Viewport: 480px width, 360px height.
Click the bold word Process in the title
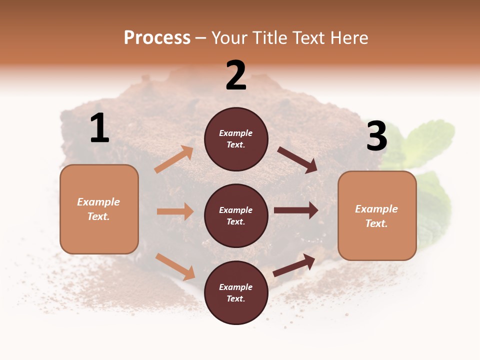tap(157, 38)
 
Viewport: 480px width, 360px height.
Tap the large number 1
tap(99, 128)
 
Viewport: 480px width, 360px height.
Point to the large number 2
tap(236, 75)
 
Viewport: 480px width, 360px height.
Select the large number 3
tap(376, 136)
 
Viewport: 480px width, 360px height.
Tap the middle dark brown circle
tap(236, 215)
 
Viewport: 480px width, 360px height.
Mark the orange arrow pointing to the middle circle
tap(175, 211)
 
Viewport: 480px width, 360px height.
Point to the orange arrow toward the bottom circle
tap(175, 266)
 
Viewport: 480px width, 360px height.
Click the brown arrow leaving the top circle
tap(297, 159)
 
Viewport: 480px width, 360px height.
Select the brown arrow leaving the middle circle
tap(296, 210)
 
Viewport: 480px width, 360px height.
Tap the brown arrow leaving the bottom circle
tap(294, 264)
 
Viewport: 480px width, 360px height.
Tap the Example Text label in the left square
tap(98, 209)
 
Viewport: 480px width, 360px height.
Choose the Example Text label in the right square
tap(376, 216)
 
